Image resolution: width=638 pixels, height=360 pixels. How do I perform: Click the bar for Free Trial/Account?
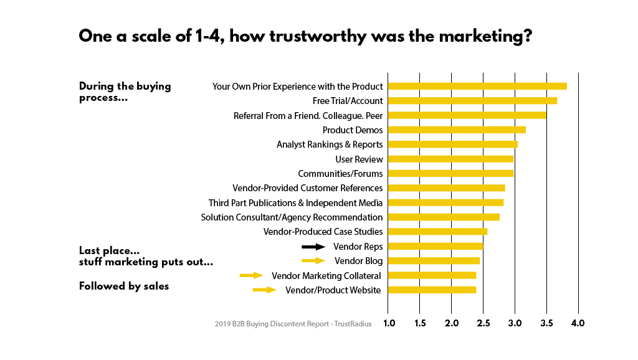point(472,101)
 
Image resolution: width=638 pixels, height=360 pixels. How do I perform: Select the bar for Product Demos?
point(457,130)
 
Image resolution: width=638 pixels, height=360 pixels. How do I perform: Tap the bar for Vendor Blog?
point(434,261)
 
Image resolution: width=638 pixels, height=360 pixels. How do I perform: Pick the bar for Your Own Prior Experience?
point(477,86)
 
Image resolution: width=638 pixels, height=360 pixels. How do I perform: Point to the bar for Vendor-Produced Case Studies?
point(438,232)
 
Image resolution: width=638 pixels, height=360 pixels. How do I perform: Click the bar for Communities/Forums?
point(451,174)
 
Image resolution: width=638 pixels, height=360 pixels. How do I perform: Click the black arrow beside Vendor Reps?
point(313,247)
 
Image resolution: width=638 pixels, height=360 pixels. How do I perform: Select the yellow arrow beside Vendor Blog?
point(313,261)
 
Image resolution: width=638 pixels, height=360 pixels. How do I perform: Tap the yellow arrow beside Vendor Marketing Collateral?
point(252,275)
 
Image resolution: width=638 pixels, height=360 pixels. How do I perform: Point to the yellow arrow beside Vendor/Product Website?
point(264,290)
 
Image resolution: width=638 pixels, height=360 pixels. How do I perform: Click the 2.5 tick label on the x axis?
point(483,323)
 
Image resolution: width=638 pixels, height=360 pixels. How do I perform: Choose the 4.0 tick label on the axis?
point(578,323)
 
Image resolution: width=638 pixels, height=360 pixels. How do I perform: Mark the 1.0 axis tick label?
point(389,323)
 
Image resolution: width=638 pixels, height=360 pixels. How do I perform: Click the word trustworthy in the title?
point(318,36)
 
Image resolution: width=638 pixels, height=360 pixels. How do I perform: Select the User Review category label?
point(359,159)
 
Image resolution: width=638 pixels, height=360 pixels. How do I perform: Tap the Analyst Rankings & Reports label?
point(330,145)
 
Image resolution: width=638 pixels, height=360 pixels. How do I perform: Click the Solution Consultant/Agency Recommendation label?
point(292,217)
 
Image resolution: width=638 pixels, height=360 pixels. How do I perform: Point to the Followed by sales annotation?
point(124,287)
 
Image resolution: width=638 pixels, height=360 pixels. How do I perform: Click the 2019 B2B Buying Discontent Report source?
point(293,324)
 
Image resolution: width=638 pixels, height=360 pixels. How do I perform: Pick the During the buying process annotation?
point(125,92)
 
